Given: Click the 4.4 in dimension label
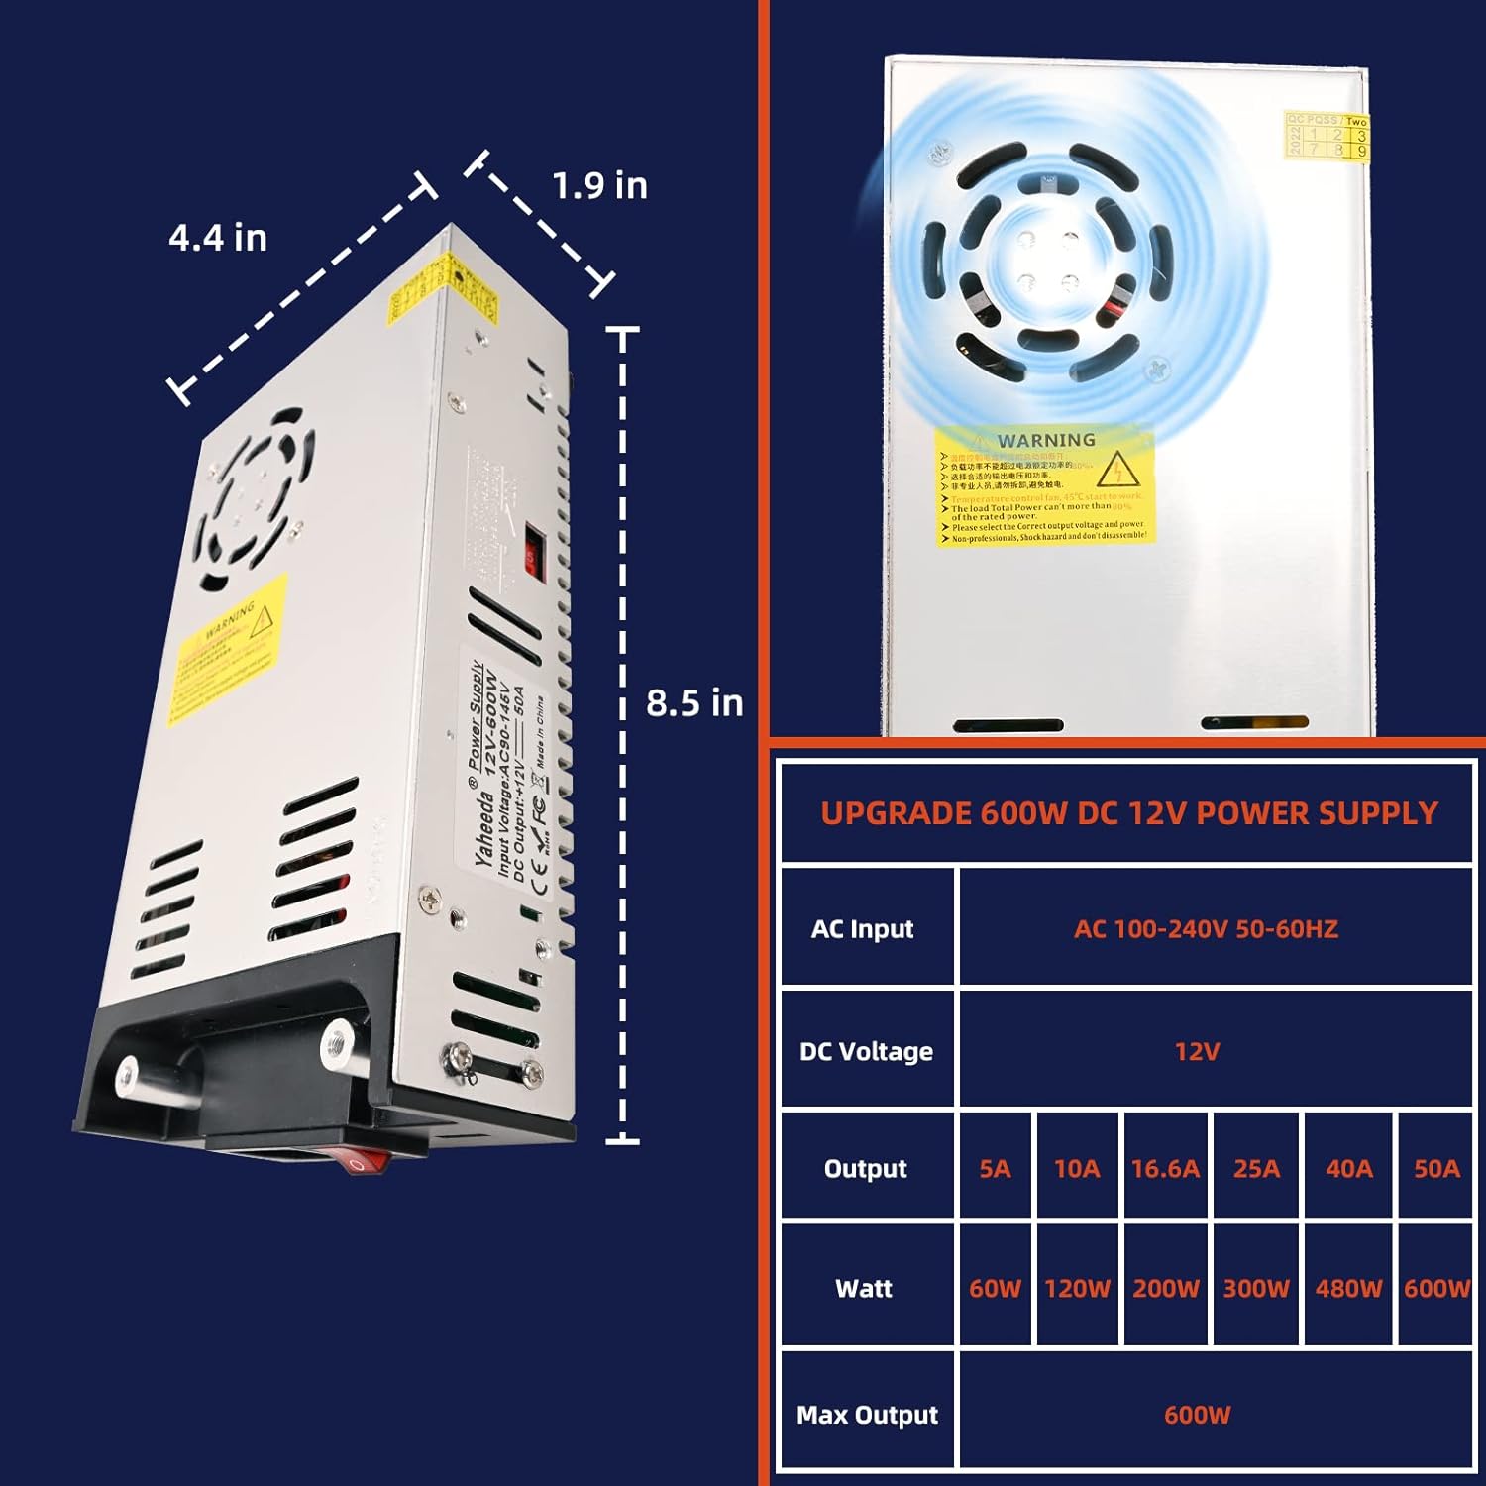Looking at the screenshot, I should tap(218, 238).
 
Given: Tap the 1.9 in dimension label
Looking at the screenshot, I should tap(599, 185).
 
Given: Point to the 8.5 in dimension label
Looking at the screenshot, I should tap(694, 703).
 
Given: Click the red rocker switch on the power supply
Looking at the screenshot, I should tap(364, 1160).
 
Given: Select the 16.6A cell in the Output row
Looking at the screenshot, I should tap(1165, 1169).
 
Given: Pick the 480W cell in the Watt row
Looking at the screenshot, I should tap(1348, 1288).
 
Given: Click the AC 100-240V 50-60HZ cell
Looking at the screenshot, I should tap(1206, 929).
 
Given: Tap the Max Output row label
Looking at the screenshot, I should tap(867, 1415).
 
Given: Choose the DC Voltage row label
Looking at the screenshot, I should tap(866, 1051).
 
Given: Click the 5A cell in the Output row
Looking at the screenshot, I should tap(995, 1169).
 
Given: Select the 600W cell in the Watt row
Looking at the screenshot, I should tap(1436, 1288).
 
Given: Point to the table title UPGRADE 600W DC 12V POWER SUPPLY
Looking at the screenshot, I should tap(1128, 813).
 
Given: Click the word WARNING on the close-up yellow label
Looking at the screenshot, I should tap(1046, 440).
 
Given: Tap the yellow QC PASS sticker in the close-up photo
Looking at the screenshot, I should tap(1327, 135).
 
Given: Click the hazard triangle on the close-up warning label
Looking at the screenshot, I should tap(1117, 470).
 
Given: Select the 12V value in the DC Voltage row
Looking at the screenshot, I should tap(1197, 1051).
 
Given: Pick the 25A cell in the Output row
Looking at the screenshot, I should tap(1256, 1169).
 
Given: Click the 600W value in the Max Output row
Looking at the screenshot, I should tap(1197, 1415).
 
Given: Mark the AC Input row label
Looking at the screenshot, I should tap(862, 929).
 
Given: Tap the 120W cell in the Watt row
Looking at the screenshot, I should tap(1077, 1288).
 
